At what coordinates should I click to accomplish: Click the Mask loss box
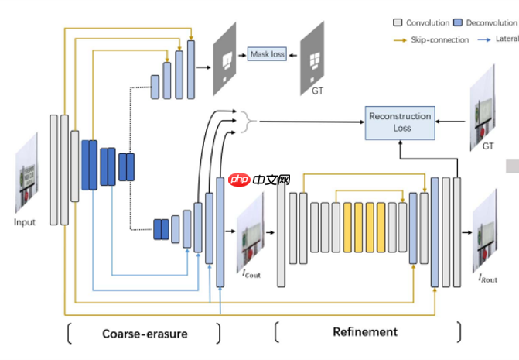(267, 54)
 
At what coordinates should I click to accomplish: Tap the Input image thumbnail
(26, 173)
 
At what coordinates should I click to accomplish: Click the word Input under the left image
(25, 222)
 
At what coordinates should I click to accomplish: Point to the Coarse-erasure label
(145, 334)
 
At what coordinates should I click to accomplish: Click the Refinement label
(365, 332)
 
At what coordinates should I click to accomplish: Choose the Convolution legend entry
(424, 23)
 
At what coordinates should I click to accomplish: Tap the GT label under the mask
(317, 91)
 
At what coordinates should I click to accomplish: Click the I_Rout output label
(487, 279)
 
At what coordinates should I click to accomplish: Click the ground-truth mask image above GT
(314, 55)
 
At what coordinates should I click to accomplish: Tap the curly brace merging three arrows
(246, 121)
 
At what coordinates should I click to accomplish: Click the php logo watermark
(259, 180)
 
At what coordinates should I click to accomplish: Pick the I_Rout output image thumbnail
(485, 231)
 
